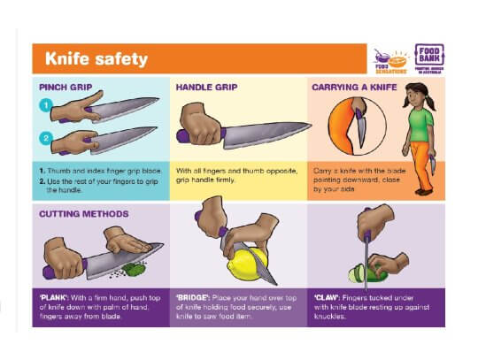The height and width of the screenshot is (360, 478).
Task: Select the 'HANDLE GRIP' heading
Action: pos(206,88)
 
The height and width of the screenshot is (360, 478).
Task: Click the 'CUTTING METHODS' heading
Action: pos(83,214)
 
